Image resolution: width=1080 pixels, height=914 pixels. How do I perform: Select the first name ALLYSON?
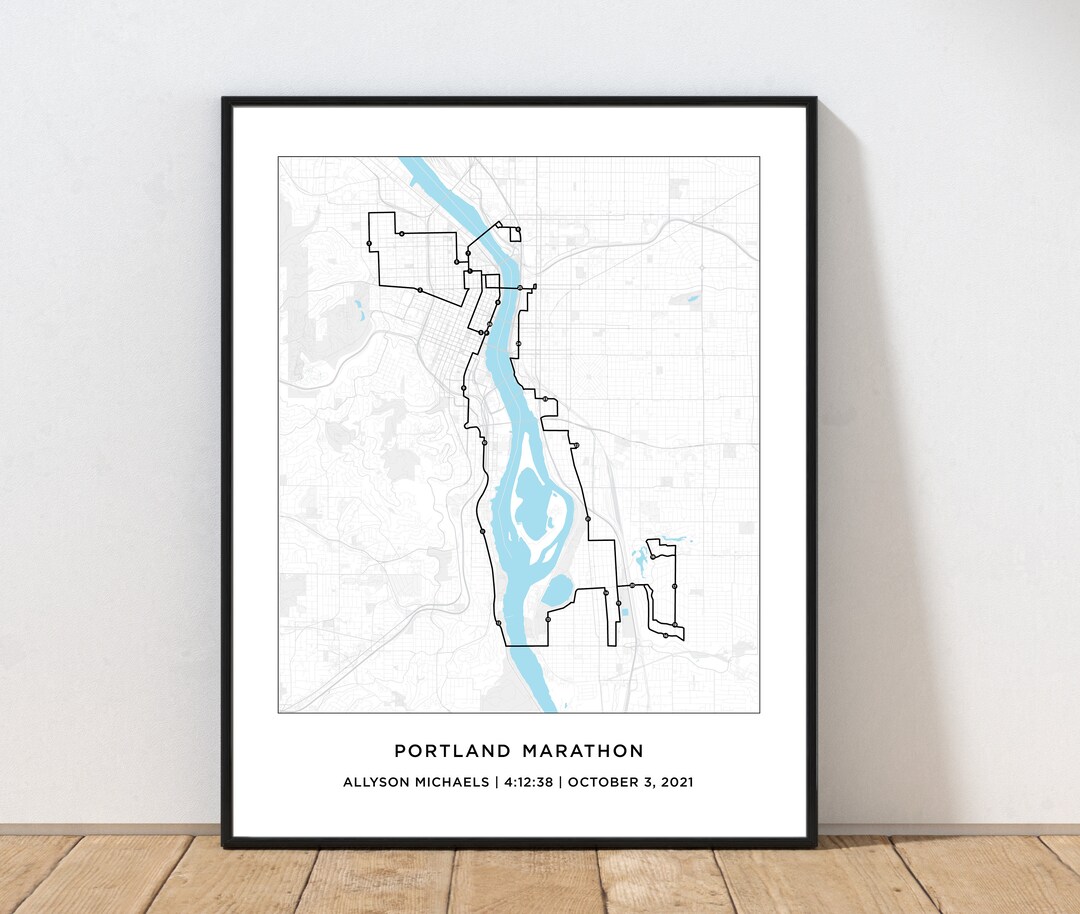point(376,782)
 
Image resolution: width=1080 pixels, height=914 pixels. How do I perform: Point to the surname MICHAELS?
point(452,782)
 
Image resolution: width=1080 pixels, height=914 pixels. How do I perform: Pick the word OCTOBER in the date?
point(602,782)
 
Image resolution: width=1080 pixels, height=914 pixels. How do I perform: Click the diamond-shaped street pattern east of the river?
point(590,381)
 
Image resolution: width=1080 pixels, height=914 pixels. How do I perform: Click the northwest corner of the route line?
point(372,214)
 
